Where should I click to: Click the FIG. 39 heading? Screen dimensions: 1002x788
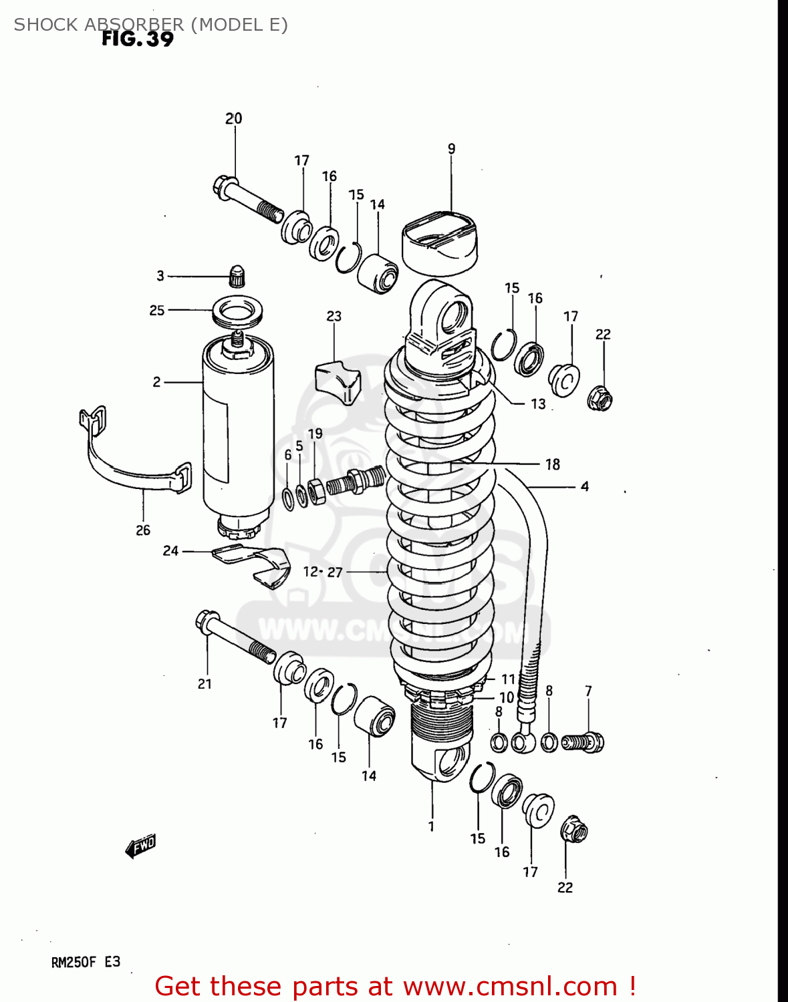click(x=137, y=39)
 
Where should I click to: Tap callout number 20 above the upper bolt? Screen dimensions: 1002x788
click(x=233, y=119)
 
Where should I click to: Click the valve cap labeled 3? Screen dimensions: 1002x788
click(x=237, y=276)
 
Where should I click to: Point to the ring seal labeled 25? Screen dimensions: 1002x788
click(x=237, y=311)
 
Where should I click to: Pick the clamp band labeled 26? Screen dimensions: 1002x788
click(x=134, y=468)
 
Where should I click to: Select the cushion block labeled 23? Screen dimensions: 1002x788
click(x=336, y=382)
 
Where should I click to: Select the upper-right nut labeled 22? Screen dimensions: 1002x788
click(x=600, y=399)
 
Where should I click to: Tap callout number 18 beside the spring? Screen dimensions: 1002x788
click(x=552, y=464)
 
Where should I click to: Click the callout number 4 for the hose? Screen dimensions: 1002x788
click(x=584, y=487)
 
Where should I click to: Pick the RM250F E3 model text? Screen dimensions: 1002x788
click(x=86, y=963)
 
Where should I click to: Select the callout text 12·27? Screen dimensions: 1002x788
click(x=323, y=572)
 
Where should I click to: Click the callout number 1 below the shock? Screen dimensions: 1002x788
click(x=431, y=826)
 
